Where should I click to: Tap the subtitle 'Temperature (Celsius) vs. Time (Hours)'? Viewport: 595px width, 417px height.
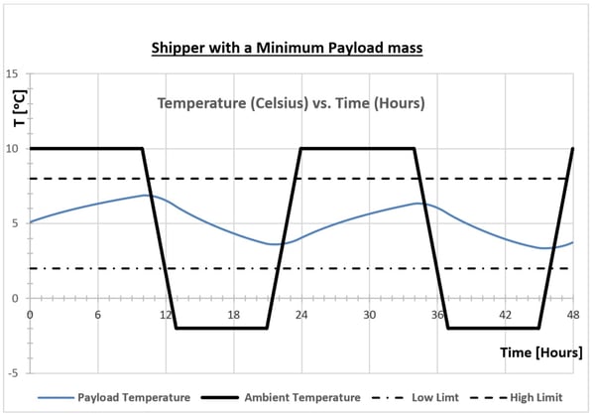click(x=293, y=103)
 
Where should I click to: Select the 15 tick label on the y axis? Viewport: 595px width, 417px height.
click(x=13, y=74)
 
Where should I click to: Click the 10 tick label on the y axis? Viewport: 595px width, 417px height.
click(x=13, y=149)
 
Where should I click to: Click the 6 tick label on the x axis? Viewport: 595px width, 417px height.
click(x=97, y=314)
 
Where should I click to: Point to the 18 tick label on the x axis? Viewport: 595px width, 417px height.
click(x=233, y=314)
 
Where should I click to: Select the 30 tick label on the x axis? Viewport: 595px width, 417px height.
click(x=369, y=314)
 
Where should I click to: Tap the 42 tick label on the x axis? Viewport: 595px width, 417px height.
click(x=505, y=314)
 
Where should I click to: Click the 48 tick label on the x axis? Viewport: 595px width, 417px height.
click(x=572, y=314)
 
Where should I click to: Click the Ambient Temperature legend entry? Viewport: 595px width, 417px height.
click(x=292, y=397)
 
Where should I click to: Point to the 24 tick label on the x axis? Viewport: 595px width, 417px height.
click(x=301, y=314)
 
